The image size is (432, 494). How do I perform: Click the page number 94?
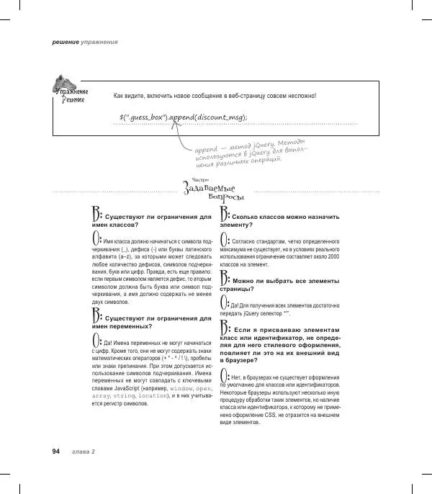point(55,451)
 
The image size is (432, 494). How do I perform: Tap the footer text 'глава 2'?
point(84,452)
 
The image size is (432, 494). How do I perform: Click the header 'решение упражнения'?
point(85,42)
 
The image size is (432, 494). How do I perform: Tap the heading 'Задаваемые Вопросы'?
point(215,190)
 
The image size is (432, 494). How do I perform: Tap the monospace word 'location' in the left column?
point(154,395)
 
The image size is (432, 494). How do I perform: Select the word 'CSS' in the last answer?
point(276,414)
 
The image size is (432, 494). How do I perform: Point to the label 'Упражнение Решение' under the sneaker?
point(71,95)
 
